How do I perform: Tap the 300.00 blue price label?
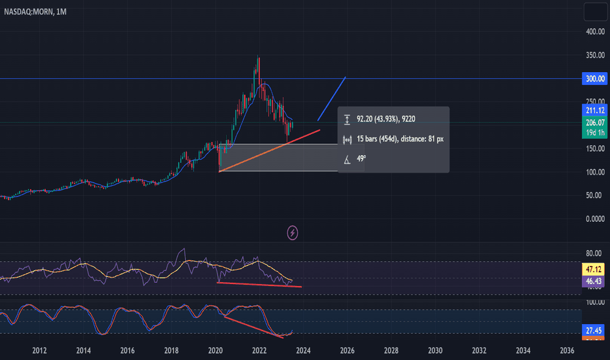[x=594, y=79]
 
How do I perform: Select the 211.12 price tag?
[x=594, y=111]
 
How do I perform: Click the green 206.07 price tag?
[x=594, y=122]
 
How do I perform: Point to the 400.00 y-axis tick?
[x=594, y=31]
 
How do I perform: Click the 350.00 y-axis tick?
[x=594, y=55]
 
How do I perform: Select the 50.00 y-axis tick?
[x=594, y=195]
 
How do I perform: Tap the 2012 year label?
[x=39, y=350]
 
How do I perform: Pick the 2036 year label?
[x=567, y=350]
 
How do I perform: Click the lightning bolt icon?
[x=293, y=232]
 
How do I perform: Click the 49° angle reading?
[x=361, y=158]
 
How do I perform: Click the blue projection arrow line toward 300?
[x=332, y=99]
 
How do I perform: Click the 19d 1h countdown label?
[x=594, y=133]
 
